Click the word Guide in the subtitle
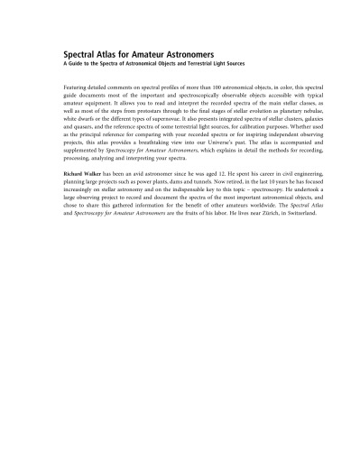pos(77,63)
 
